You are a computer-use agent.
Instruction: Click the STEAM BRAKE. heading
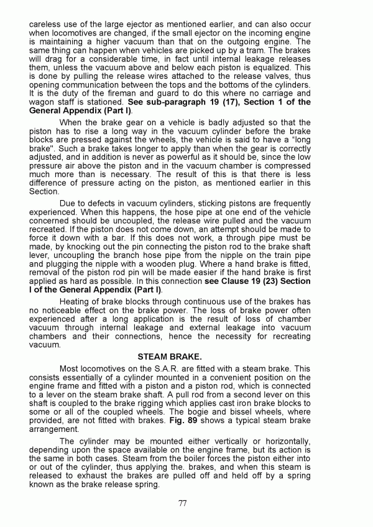coord(187,357)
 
